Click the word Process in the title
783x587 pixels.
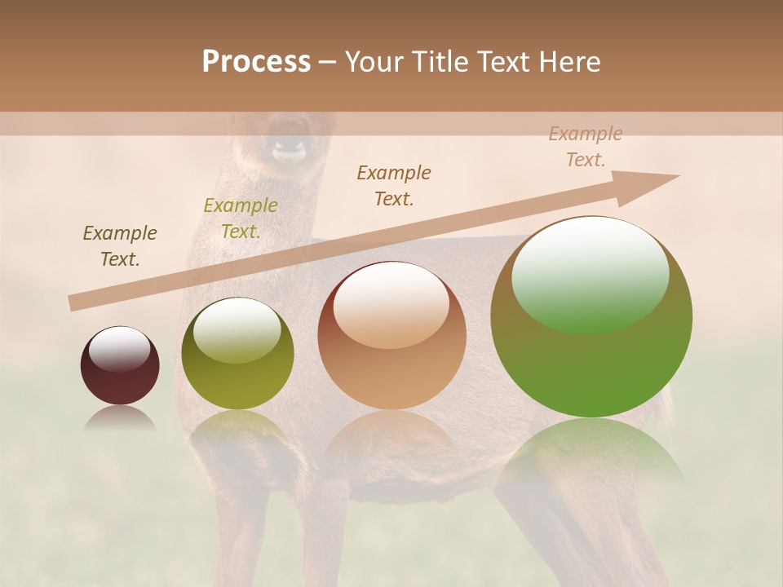pos(256,62)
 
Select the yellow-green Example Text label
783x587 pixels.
pos(241,218)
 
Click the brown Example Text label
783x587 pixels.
pos(394,185)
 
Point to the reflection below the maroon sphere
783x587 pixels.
pos(120,419)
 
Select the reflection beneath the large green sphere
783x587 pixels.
pos(591,457)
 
